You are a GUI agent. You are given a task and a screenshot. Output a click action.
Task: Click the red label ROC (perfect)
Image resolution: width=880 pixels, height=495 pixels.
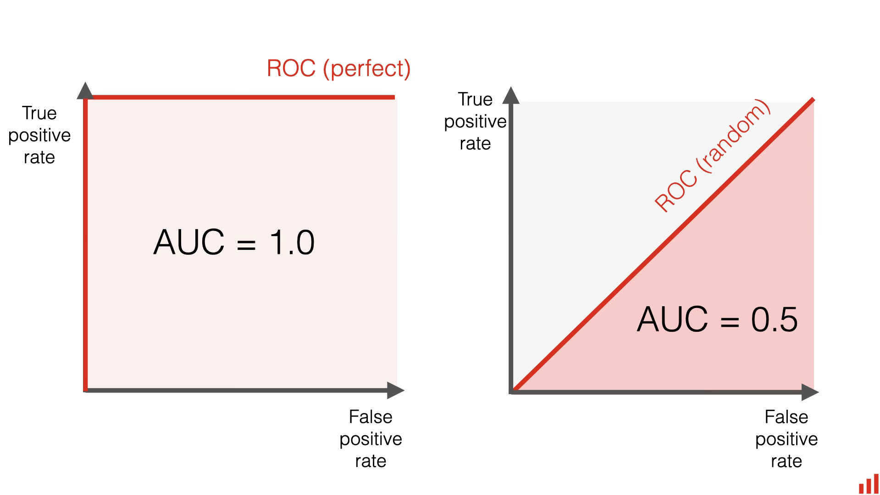point(338,69)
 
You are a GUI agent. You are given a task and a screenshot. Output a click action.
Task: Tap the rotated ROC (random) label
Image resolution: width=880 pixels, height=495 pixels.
point(712,155)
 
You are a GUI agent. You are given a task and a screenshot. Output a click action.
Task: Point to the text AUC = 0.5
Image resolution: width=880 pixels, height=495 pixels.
point(717,319)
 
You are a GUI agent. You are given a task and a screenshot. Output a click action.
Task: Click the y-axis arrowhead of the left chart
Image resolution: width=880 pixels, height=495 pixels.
point(85,91)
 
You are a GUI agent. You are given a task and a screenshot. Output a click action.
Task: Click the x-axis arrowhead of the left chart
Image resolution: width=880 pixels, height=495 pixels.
point(395,390)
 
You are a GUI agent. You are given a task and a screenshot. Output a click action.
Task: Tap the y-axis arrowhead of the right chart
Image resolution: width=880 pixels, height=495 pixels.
point(511,95)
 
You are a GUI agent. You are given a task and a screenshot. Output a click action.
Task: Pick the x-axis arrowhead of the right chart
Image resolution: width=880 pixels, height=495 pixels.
point(810,392)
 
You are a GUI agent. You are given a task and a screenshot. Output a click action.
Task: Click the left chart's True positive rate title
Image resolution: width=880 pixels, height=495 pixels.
point(39,135)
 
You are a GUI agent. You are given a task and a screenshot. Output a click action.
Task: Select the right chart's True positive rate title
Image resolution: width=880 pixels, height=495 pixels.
point(475,121)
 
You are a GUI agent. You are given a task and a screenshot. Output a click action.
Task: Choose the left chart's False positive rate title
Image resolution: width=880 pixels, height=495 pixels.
point(371,439)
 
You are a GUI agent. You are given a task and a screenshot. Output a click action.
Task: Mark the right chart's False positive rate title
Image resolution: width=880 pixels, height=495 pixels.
point(786,439)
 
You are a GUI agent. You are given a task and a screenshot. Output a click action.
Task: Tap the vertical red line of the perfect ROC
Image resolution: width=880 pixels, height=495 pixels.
point(85,243)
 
